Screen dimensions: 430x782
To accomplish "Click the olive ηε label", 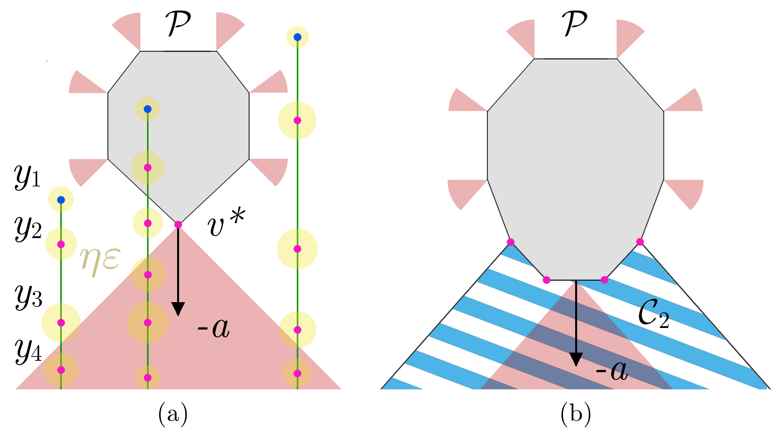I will [x=100, y=260].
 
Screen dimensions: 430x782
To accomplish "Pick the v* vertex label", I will [x=226, y=223].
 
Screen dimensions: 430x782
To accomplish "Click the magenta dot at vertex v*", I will [x=178, y=224].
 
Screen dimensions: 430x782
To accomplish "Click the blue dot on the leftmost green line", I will [x=61, y=200].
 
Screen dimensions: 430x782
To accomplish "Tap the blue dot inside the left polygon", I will [x=147, y=109].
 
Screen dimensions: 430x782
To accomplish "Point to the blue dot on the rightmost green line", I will [x=298, y=37].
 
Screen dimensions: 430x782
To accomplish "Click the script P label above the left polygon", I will [x=178, y=23].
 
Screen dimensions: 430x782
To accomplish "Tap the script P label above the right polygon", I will [x=574, y=23].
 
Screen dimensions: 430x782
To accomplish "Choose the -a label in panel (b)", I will [x=612, y=371].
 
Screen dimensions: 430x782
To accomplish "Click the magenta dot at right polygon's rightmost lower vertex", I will [x=640, y=242].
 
